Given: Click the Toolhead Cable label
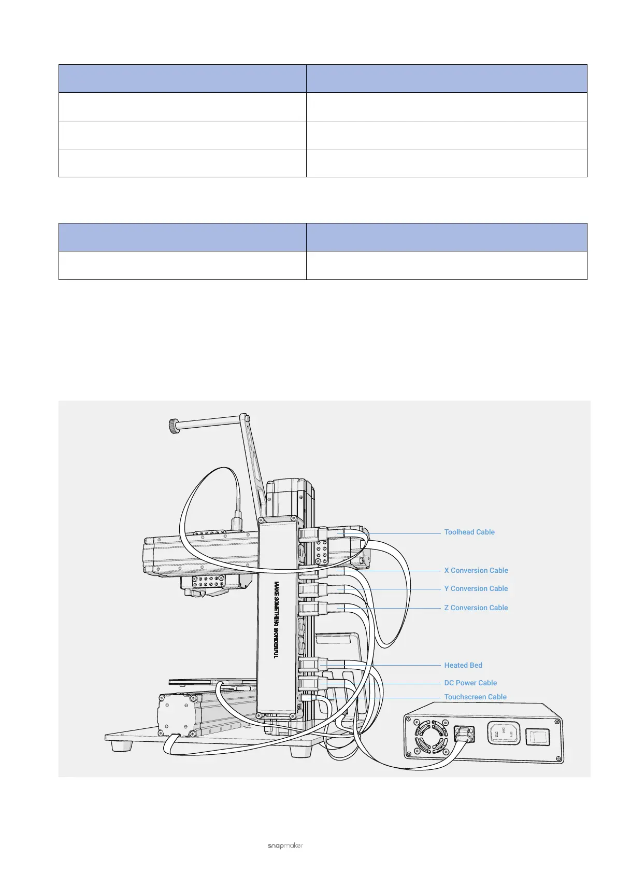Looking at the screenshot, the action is [469, 532].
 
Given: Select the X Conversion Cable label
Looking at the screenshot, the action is [476, 570].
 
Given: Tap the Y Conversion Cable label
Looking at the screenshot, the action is [476, 588].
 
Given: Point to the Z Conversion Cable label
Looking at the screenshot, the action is [476, 608].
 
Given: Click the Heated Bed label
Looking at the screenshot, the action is [463, 665].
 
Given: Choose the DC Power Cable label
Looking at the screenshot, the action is [470, 683].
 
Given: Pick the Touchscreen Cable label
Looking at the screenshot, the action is [475, 697].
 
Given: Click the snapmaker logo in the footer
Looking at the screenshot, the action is [285, 846].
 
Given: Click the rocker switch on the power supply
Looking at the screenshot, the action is [538, 737].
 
